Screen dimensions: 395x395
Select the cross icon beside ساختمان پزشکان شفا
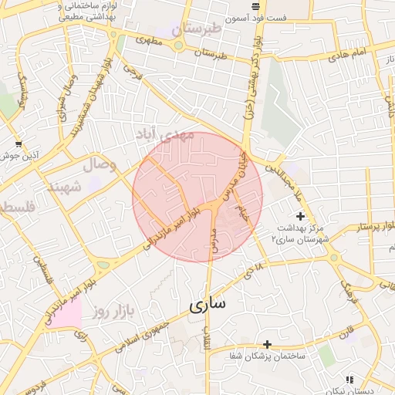[267, 344]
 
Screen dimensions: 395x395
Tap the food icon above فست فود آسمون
[255, 6]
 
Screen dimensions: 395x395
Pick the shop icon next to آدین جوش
[19, 143]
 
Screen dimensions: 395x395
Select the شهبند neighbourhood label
[64, 187]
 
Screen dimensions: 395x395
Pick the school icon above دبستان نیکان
[349, 380]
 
